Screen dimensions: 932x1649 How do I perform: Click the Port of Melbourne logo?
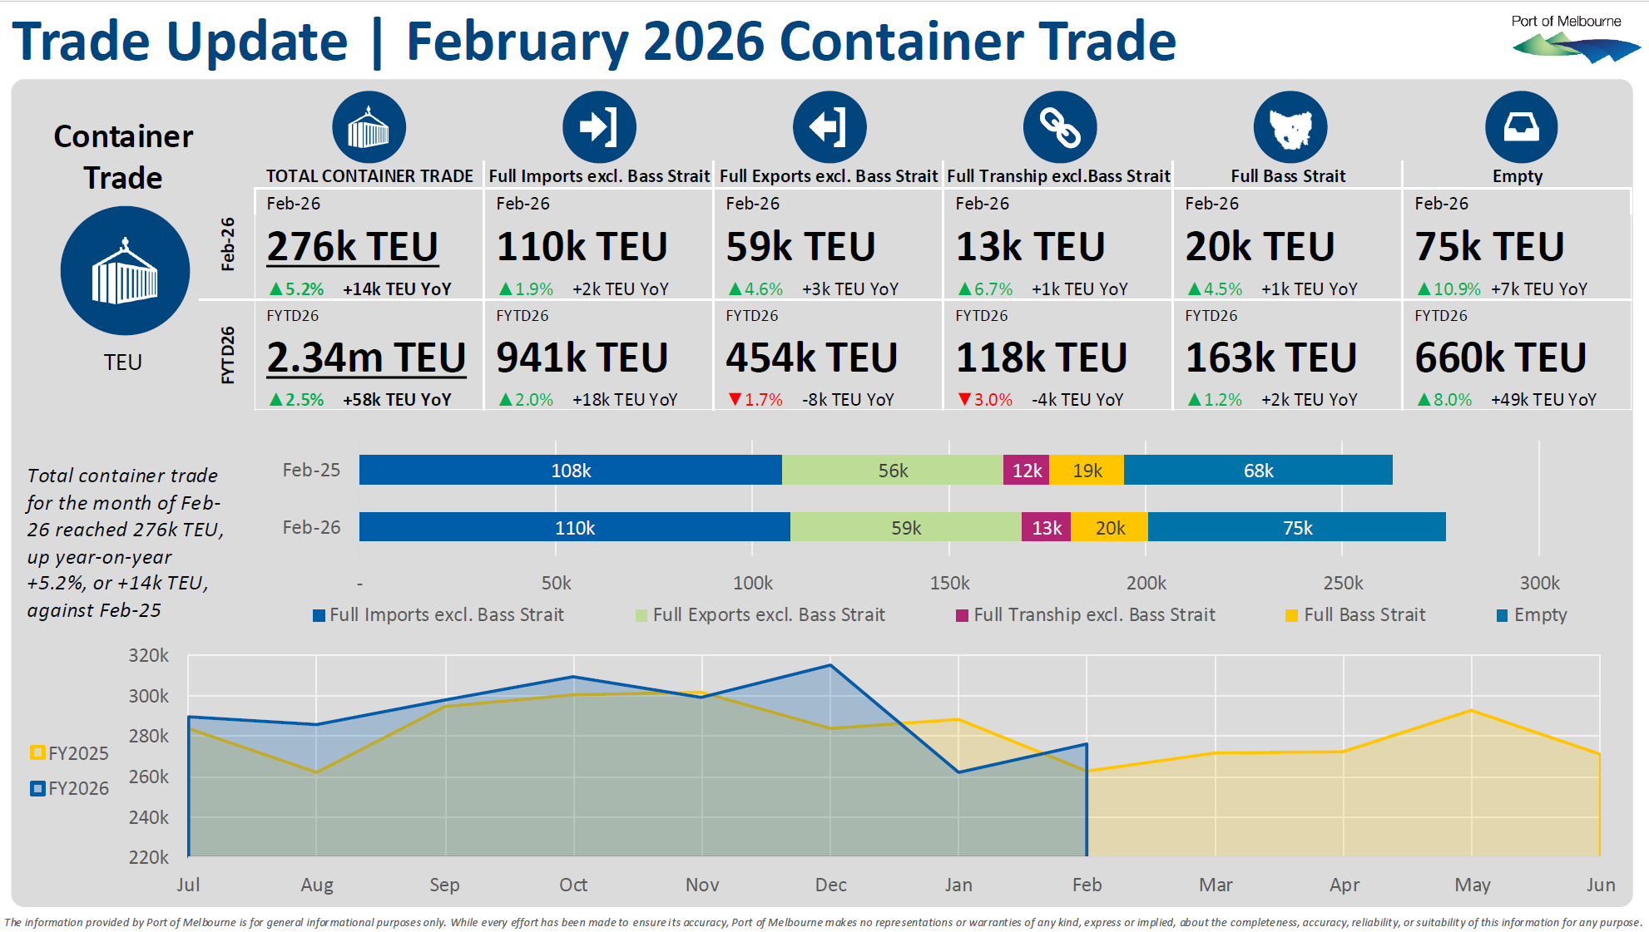pos(1574,40)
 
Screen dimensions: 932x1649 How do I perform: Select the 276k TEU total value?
pos(352,247)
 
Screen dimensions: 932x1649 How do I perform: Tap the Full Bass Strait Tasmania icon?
pos(1290,127)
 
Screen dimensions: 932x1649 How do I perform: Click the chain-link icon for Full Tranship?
pos(1059,127)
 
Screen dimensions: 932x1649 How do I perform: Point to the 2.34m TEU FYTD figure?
pos(366,358)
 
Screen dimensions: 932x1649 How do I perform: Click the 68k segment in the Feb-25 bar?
pos(1258,471)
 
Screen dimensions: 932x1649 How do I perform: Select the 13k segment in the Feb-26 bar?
pos(1046,528)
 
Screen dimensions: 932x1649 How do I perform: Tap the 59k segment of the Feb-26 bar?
pos(905,528)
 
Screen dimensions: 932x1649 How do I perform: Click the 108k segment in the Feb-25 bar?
pos(571,471)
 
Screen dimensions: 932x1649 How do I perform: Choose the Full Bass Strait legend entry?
pos(1355,615)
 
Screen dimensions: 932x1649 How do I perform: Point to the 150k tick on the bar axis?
pos(949,583)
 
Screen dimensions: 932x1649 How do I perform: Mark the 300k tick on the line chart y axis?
pos(148,696)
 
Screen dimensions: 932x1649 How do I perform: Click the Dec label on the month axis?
pos(830,885)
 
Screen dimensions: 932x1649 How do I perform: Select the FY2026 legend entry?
pos(70,788)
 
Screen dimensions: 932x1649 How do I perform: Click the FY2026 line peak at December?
pos(830,665)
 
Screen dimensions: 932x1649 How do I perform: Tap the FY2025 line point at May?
pos(1472,711)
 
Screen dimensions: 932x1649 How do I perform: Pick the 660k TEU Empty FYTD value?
pos(1500,358)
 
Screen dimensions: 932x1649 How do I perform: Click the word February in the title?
pos(517,42)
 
